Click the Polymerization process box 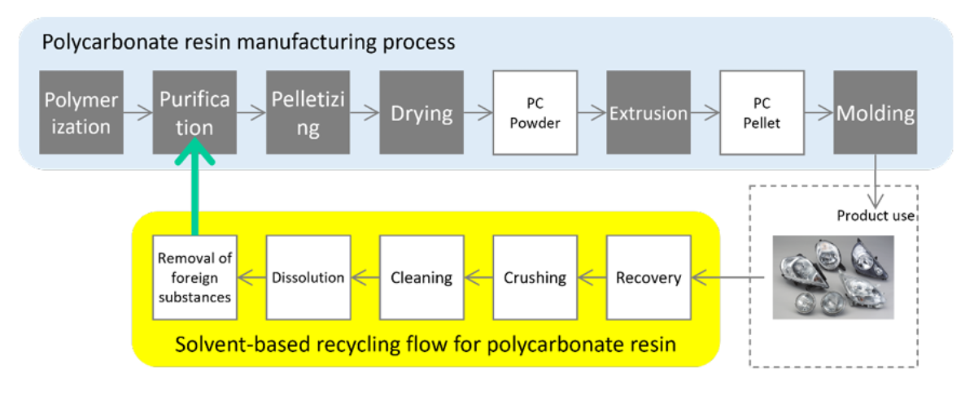[81, 113]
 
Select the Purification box [194, 113]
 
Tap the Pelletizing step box [308, 113]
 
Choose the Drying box [421, 113]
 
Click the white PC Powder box [535, 113]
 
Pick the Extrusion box [649, 113]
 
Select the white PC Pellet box [762, 113]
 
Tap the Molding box [876, 113]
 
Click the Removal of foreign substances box [194, 277]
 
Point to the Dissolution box [308, 277]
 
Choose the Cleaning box [421, 277]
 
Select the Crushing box [535, 277]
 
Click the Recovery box [649, 277]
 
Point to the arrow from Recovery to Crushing [592, 278]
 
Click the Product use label [876, 216]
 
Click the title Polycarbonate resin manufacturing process [249, 41]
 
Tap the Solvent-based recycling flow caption [426, 344]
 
